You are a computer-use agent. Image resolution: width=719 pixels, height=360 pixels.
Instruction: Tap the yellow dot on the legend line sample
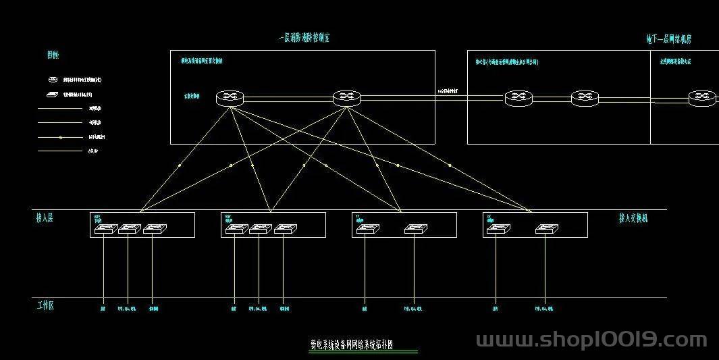[x=61, y=137]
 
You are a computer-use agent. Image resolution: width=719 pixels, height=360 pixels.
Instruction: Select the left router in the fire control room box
[x=230, y=98]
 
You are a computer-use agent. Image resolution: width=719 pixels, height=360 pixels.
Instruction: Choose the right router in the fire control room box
[x=346, y=98]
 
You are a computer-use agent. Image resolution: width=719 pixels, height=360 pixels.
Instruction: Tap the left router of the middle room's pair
[x=518, y=98]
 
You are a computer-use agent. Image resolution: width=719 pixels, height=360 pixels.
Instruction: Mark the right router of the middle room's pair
[x=585, y=98]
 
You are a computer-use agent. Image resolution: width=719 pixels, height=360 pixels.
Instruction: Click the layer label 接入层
[x=45, y=218]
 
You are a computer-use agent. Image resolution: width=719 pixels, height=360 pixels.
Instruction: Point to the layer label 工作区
[x=45, y=305]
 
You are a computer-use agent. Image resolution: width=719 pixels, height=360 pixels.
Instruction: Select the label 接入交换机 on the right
[x=633, y=218]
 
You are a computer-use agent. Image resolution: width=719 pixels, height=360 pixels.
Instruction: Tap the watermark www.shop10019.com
[x=591, y=340]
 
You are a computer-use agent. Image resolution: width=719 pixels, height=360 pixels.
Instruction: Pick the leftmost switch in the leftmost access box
[x=105, y=229]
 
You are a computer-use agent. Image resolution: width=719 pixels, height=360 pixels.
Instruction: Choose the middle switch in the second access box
[x=260, y=229]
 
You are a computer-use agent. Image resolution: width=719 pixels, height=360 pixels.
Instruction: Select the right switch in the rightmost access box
[x=545, y=229]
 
